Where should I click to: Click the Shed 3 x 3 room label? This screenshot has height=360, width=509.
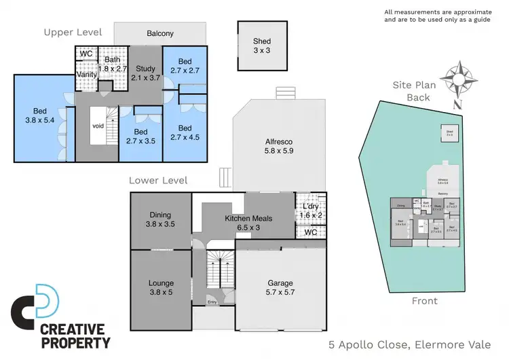(x=261, y=46)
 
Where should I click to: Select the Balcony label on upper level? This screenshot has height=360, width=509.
(x=160, y=33)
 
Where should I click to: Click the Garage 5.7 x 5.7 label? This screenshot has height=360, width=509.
(x=280, y=287)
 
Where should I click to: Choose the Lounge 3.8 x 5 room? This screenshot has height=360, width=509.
(x=161, y=287)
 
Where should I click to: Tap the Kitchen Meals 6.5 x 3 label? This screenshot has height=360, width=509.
(x=248, y=223)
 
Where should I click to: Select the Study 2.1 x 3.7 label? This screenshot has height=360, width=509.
(x=145, y=73)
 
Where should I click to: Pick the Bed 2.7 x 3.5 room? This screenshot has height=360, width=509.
(x=140, y=137)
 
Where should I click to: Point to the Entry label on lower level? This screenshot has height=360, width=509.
(x=212, y=303)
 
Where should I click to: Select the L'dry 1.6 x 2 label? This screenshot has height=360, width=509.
(x=311, y=211)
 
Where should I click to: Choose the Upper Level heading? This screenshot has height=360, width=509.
(x=73, y=32)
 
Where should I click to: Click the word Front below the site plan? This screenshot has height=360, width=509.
(x=425, y=301)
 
